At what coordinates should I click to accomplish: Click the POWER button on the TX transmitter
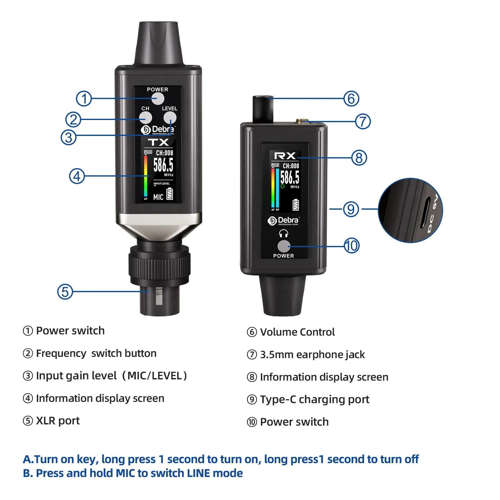point(158,99)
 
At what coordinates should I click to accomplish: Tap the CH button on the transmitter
point(145,118)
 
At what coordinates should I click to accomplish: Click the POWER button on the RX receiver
point(283,246)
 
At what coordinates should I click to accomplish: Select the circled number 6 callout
point(351,98)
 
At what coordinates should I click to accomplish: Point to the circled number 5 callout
point(65,292)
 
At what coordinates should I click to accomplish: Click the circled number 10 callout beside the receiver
point(352,246)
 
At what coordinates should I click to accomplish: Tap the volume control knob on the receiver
point(263,109)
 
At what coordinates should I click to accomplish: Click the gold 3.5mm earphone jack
point(302,121)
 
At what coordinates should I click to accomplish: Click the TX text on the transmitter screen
point(158,142)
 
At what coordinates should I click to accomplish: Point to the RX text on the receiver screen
point(285,156)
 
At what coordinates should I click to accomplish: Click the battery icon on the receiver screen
point(296,205)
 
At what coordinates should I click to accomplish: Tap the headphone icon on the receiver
point(283,233)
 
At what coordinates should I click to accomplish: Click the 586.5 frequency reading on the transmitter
point(163,165)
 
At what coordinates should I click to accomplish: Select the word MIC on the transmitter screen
point(158,197)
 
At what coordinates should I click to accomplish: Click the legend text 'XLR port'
point(58,421)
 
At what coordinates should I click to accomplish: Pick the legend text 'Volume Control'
point(297,332)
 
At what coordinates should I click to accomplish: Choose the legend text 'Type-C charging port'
point(314,399)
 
